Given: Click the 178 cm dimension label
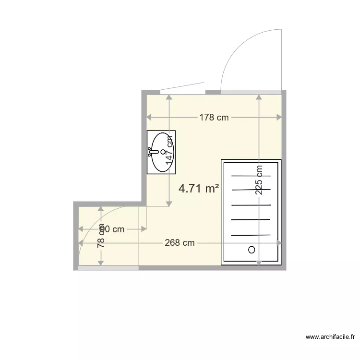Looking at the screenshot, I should pyautogui.click(x=214, y=117).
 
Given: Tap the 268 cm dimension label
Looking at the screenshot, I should pyautogui.click(x=180, y=243).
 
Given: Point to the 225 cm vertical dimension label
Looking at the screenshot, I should pyautogui.click(x=259, y=180).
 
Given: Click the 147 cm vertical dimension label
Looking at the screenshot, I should pyautogui.click(x=169, y=150).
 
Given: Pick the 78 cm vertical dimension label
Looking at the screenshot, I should pyautogui.click(x=101, y=236).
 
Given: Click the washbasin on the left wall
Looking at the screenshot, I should pyautogui.click(x=162, y=152).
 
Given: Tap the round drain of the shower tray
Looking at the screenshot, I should pyautogui.click(x=251, y=250).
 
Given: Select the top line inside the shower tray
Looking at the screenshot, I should pyautogui.click(x=251, y=176).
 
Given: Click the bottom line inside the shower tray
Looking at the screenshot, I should pyautogui.click(x=251, y=235).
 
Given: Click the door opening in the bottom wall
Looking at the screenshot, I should pyautogui.click(x=108, y=268).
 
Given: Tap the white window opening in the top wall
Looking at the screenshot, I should pyautogui.click(x=182, y=92).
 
